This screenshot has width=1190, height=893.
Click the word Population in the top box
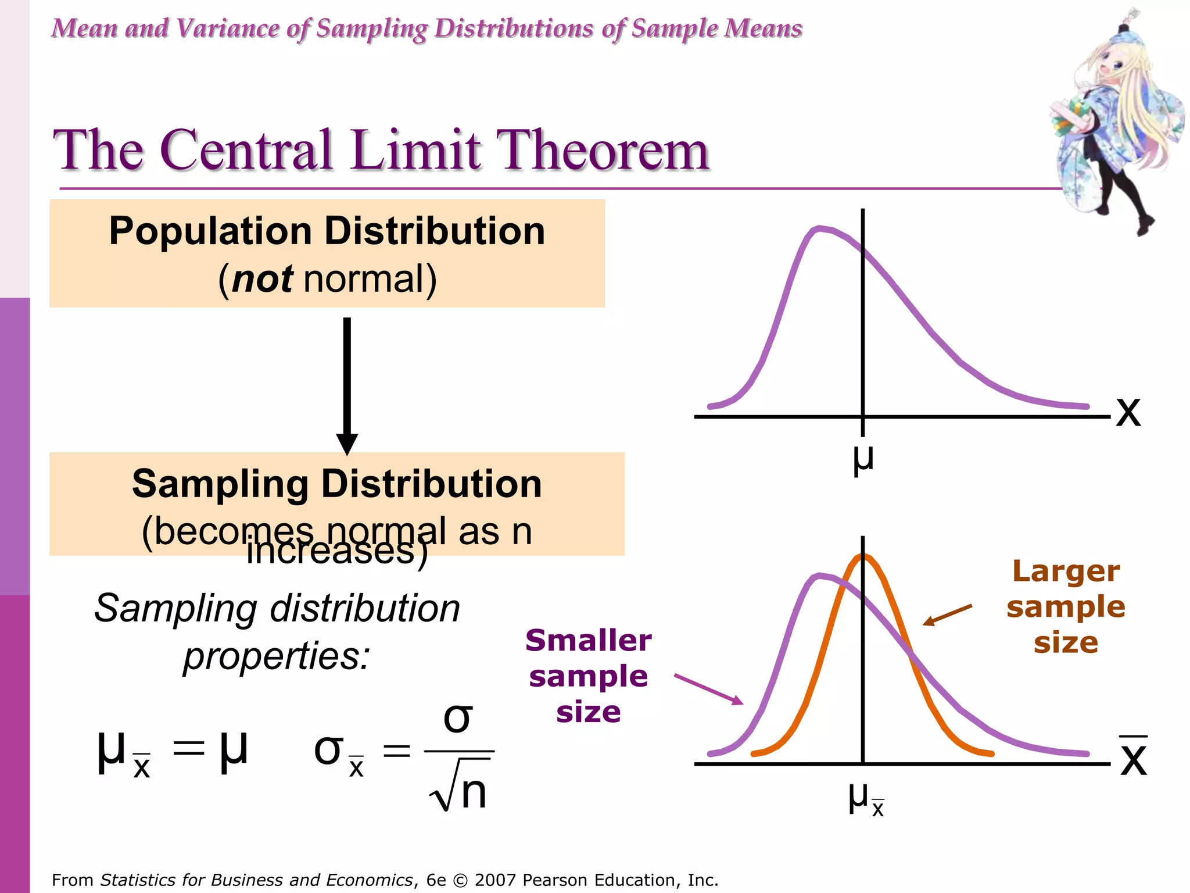(210, 231)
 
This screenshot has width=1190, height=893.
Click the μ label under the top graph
(863, 459)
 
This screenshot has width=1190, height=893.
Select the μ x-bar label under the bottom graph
(865, 799)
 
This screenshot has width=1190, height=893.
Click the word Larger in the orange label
(1066, 571)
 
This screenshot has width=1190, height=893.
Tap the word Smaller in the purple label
(588, 641)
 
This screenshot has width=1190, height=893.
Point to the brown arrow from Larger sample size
(947, 615)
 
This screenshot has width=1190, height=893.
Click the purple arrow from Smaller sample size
(708, 690)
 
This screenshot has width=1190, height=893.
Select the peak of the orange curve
(863, 557)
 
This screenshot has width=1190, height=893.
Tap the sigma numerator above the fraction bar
(457, 719)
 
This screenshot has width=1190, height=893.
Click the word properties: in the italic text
(277, 656)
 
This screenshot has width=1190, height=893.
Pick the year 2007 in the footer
(495, 880)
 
